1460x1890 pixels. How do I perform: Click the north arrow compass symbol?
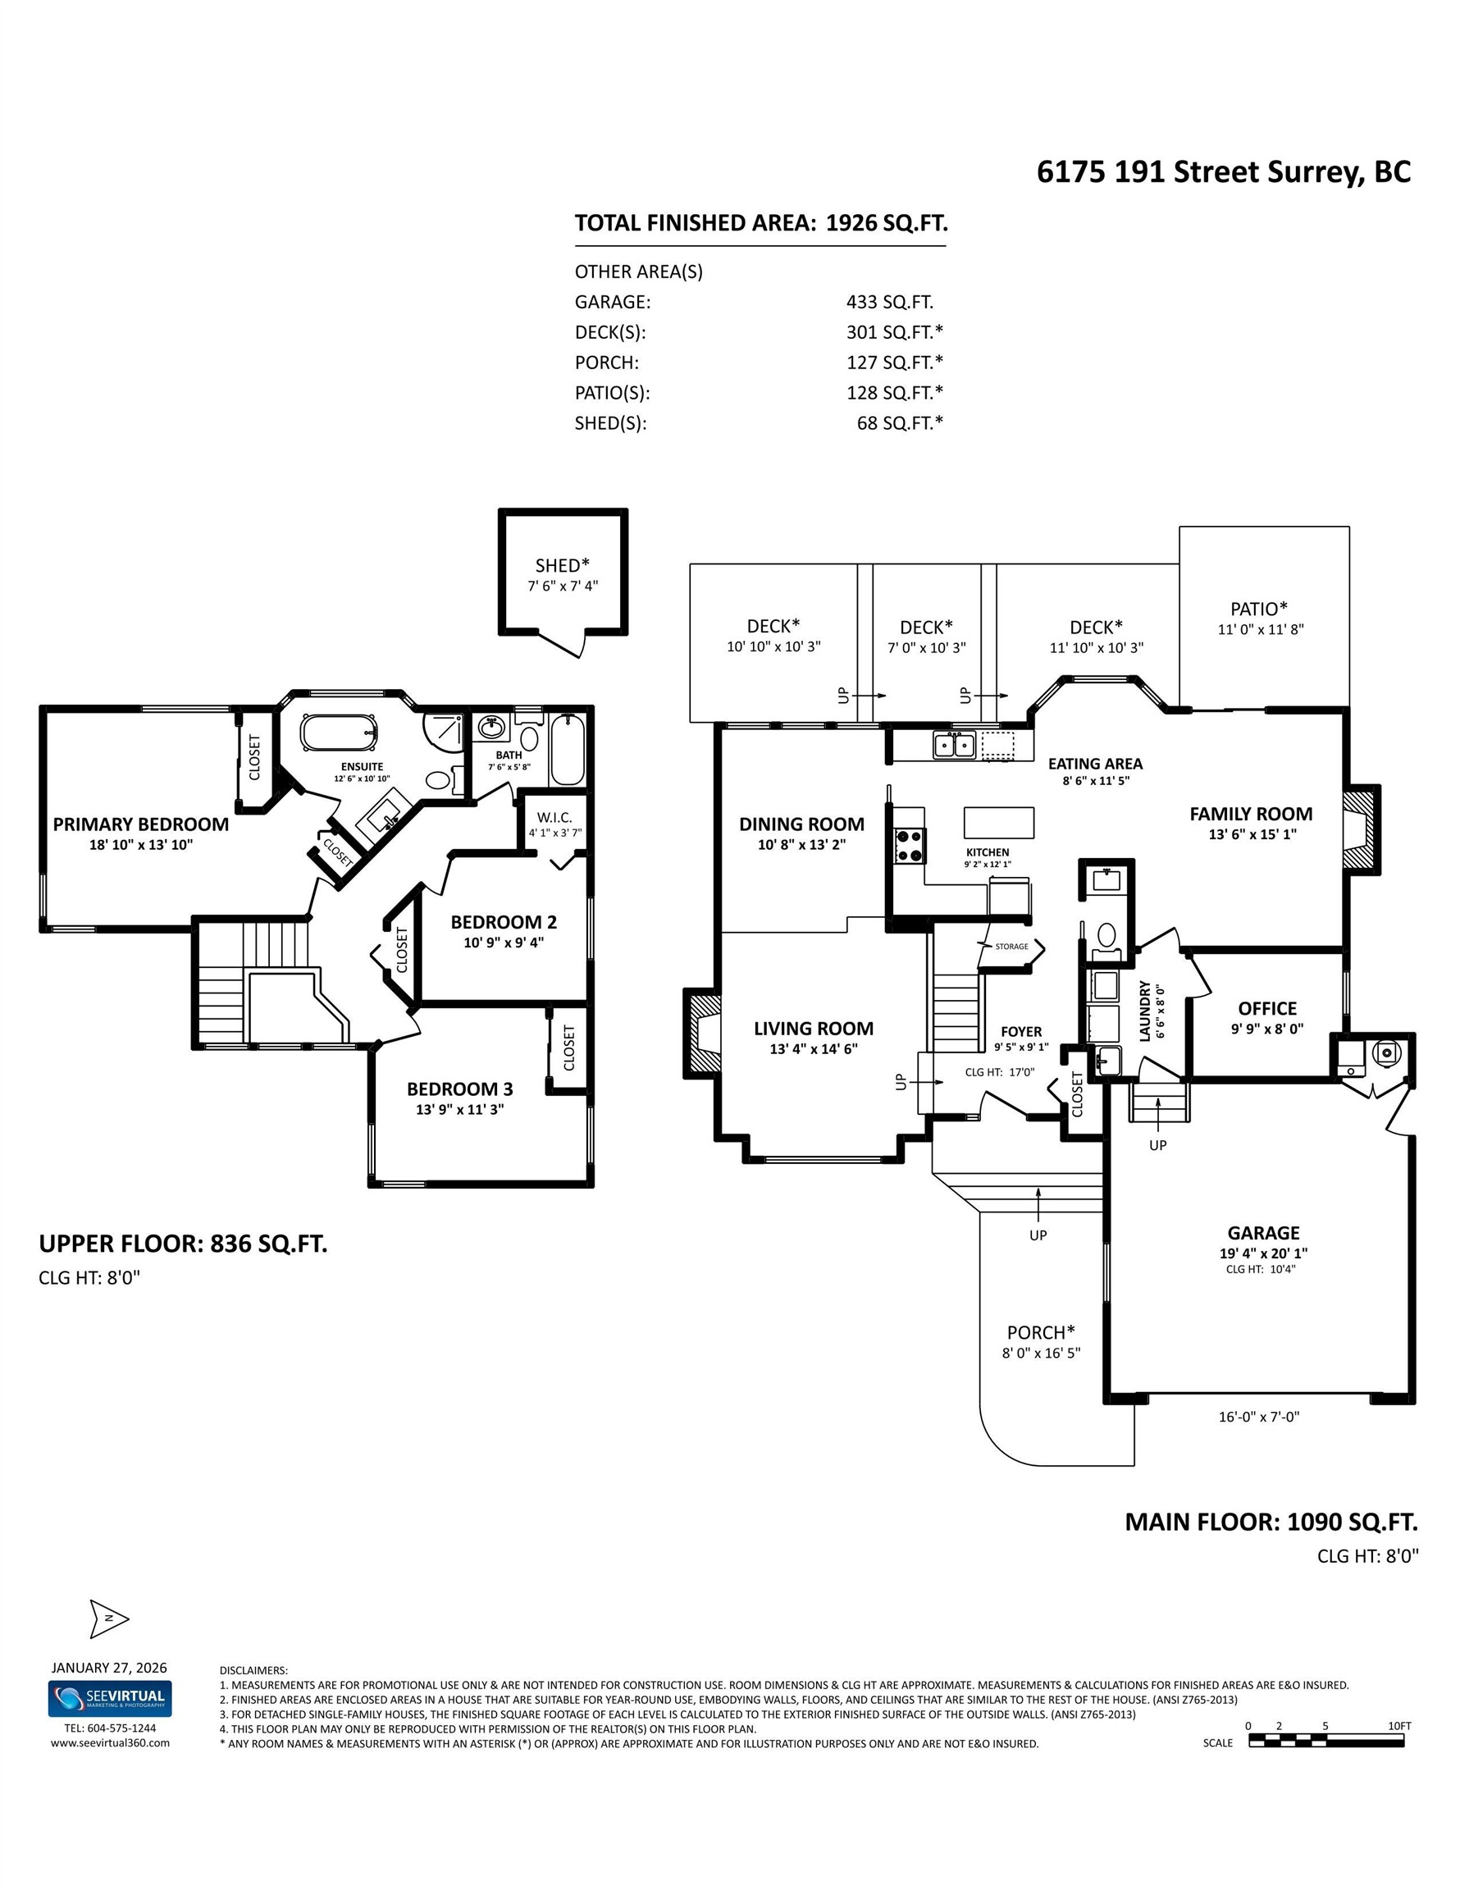tap(109, 1619)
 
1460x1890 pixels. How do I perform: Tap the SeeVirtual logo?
tap(110, 1699)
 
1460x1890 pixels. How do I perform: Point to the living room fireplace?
tap(703, 1034)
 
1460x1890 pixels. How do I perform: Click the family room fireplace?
tap(1361, 829)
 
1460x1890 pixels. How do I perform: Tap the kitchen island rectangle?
tap(999, 822)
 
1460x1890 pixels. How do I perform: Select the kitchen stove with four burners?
tap(910, 846)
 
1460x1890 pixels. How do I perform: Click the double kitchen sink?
tap(954, 744)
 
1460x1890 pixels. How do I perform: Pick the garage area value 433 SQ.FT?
tap(890, 302)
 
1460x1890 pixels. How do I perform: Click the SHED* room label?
tap(563, 565)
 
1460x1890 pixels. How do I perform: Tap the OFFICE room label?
tap(1267, 1008)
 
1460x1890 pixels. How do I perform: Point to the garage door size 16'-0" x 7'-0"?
tap(1258, 1417)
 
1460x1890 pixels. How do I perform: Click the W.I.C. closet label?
tap(554, 817)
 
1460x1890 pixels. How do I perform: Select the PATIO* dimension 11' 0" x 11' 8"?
tap(1260, 629)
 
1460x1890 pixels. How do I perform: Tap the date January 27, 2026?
tap(109, 1668)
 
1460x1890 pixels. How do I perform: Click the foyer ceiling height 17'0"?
tap(1000, 1072)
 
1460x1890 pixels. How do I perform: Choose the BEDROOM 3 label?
tap(459, 1089)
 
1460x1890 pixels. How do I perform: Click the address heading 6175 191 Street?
tap(1223, 171)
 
